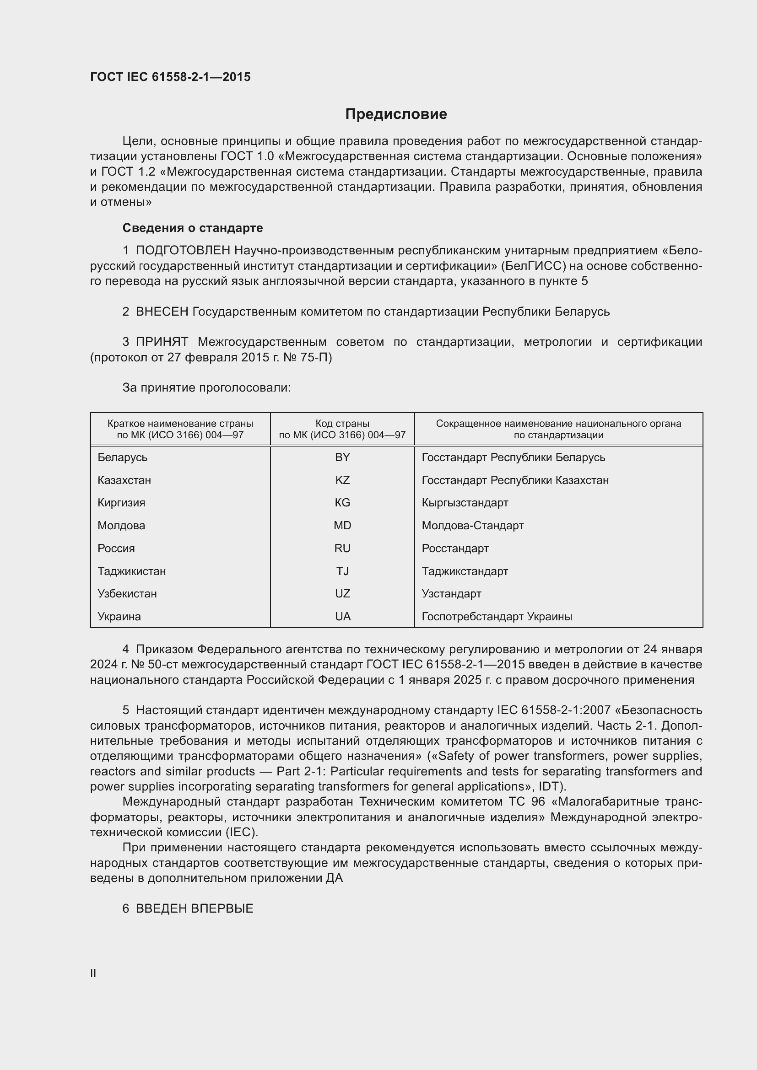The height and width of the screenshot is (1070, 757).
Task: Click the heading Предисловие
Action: click(396, 114)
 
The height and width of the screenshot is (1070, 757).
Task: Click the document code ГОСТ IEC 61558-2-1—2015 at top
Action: click(170, 77)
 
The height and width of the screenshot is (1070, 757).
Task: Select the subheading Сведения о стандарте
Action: click(193, 228)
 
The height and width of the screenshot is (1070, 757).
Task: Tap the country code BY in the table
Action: click(342, 457)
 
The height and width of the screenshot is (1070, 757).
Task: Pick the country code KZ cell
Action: click(342, 480)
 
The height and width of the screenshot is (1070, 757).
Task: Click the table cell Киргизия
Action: click(121, 503)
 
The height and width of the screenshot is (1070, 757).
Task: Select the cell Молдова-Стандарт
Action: click(473, 526)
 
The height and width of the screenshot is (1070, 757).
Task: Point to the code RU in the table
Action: click(342, 548)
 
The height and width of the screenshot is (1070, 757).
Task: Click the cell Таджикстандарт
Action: click(465, 571)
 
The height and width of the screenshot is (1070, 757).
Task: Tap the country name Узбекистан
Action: click(127, 594)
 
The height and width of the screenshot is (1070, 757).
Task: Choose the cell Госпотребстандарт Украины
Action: click(497, 617)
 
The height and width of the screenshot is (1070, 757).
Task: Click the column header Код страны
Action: click(342, 424)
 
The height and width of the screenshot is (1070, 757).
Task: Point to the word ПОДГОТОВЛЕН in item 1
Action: click(183, 251)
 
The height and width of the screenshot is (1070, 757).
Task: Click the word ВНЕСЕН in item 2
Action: click(162, 312)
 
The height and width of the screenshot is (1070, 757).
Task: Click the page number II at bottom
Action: click(93, 973)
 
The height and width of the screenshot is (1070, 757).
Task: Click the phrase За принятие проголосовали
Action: click(206, 388)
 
